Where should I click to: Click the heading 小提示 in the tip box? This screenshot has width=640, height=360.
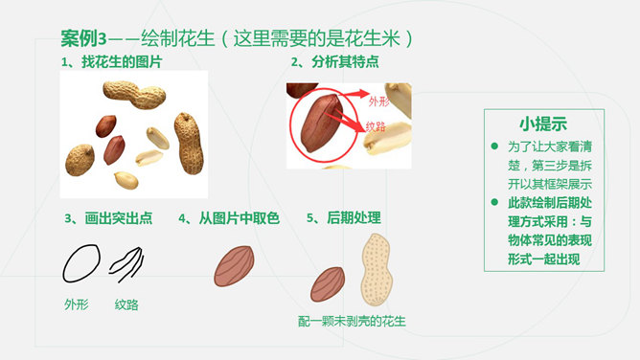(543, 124)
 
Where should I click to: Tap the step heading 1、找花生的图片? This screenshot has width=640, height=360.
(111, 62)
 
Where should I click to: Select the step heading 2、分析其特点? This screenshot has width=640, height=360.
(334, 62)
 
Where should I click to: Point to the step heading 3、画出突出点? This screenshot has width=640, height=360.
(108, 218)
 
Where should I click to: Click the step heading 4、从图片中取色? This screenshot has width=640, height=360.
(229, 218)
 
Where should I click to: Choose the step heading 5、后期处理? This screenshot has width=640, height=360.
(344, 218)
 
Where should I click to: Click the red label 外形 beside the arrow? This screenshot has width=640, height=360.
(378, 101)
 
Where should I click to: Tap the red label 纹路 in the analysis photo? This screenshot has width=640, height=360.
(376, 126)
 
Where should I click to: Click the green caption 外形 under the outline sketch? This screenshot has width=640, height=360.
(77, 304)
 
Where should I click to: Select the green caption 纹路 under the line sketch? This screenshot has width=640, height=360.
(126, 304)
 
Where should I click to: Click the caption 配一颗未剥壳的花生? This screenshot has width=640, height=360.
(352, 322)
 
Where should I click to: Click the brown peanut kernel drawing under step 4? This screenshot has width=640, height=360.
(235, 266)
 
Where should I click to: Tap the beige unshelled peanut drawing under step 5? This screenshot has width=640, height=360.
(377, 270)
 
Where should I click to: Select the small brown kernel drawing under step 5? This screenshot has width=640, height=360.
(328, 284)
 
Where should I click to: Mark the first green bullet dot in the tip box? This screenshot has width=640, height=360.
(494, 146)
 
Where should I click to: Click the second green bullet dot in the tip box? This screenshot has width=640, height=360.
(494, 202)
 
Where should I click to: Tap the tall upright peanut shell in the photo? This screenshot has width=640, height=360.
(189, 144)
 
